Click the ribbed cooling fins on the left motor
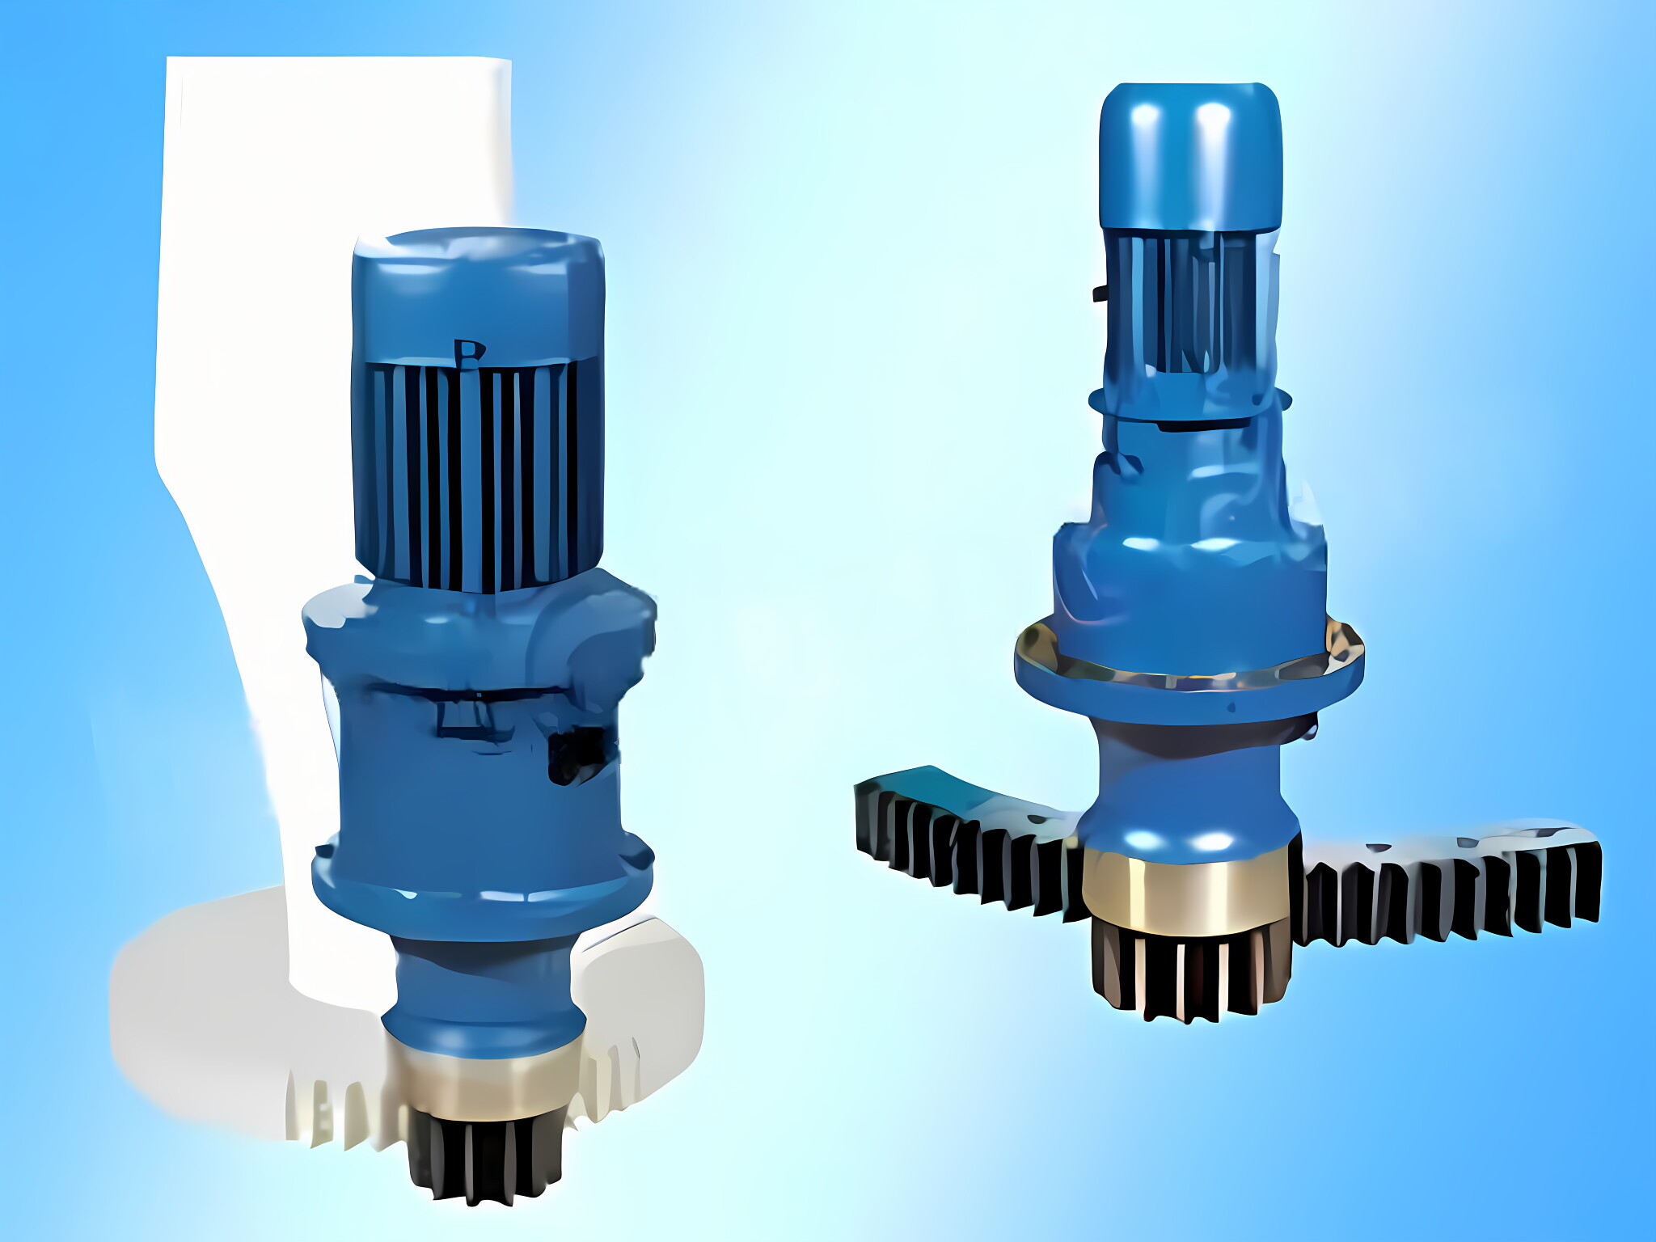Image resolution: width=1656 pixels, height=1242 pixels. pyautogui.click(x=477, y=477)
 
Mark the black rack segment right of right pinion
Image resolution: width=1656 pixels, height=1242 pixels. pyautogui.click(x=1447, y=889)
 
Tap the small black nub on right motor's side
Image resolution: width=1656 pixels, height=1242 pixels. pyautogui.click(x=1100, y=293)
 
